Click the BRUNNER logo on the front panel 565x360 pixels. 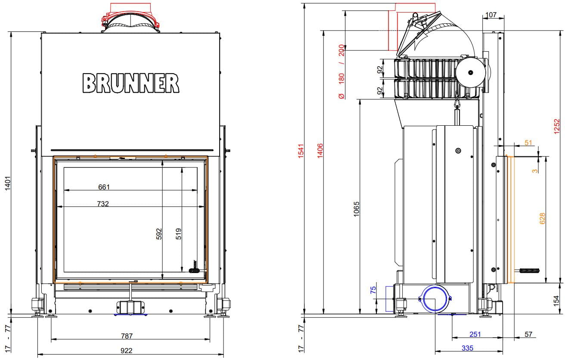coord(131,83)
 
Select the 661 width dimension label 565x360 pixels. coord(104,187)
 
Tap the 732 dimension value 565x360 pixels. coord(103,204)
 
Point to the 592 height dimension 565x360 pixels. coord(159,234)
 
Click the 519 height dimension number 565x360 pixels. coord(178,234)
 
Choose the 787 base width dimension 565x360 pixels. coord(127,336)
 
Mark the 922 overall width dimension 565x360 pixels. coord(126,351)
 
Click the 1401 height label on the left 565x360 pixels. coord(8,183)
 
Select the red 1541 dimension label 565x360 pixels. coord(301,151)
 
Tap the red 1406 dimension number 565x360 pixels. coord(320,151)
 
